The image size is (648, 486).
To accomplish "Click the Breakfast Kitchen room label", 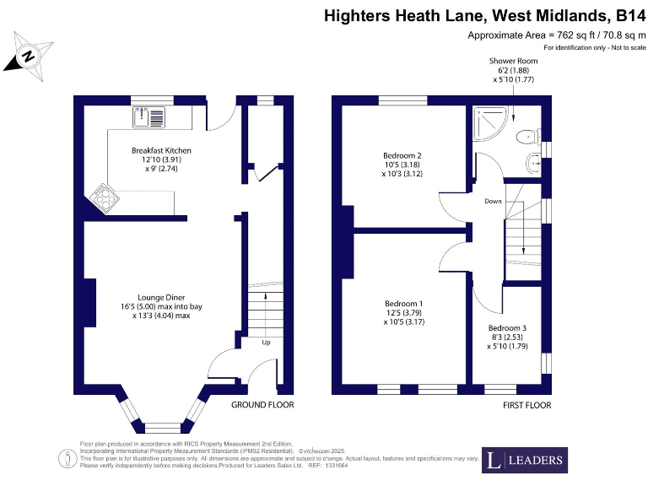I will click(161, 150).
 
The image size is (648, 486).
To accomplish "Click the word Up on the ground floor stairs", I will click(265, 343).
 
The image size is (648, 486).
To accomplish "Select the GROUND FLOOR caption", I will click(262, 406).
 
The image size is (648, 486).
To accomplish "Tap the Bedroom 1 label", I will click(403, 304).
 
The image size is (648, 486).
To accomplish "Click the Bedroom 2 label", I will click(402, 155).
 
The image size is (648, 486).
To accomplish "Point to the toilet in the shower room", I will click(528, 135).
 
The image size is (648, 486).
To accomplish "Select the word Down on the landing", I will click(493, 202).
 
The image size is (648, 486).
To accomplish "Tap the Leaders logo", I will click(524, 460).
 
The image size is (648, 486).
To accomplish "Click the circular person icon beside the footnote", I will click(65, 459).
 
